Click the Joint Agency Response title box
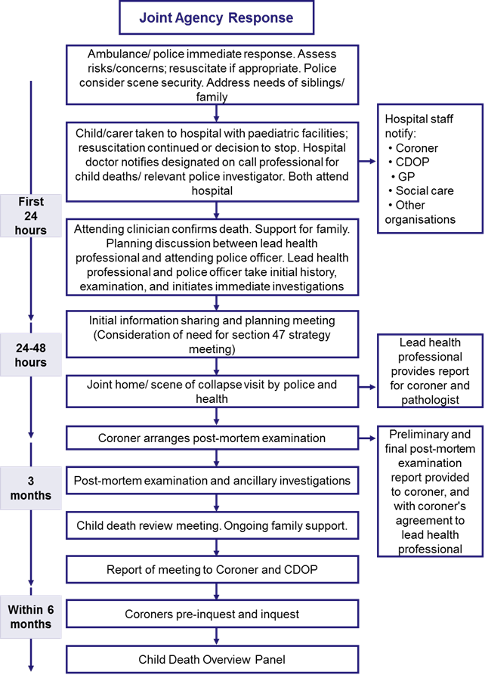click(216, 17)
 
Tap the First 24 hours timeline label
click(31, 215)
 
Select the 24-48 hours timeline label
click(31, 354)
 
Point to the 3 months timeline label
click(31, 488)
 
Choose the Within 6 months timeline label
click(31, 617)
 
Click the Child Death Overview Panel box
click(212, 659)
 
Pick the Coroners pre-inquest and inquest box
click(212, 614)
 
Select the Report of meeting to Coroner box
click(212, 569)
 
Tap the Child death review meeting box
click(212, 525)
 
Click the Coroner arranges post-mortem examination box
click(212, 438)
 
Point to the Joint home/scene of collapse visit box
click(212, 392)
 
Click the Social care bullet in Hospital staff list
click(421, 190)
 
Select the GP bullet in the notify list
click(403, 176)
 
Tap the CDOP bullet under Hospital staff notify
click(409, 162)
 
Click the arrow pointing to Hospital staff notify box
click(367, 161)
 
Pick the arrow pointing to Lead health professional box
click(367, 387)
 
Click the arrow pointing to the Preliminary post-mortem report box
click(367, 438)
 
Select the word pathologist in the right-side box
click(430, 400)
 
